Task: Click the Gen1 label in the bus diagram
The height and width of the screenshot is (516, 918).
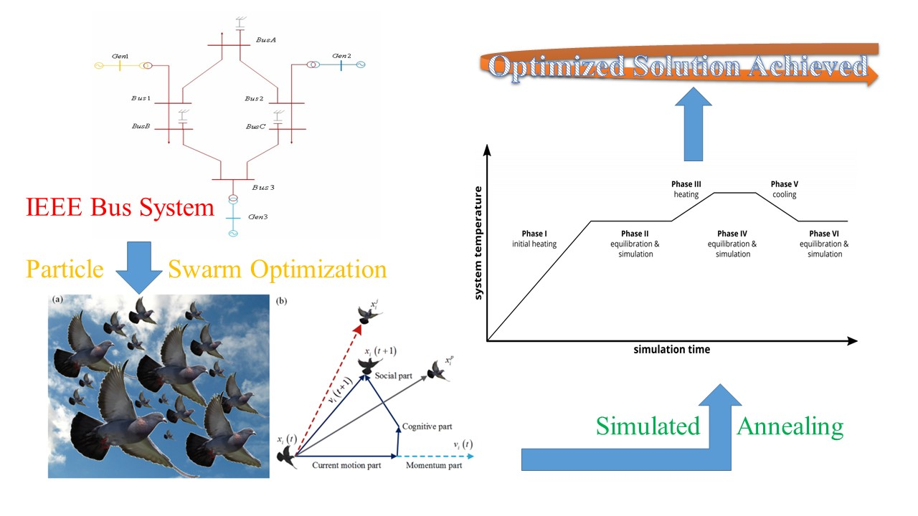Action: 120,56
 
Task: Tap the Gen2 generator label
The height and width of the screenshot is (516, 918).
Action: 342,56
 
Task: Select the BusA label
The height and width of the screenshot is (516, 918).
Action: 266,41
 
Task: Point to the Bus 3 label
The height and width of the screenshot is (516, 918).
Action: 264,188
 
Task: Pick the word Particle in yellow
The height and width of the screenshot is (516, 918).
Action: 66,269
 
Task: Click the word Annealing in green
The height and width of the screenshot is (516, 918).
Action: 790,427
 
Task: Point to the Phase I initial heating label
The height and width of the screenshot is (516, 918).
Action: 534,239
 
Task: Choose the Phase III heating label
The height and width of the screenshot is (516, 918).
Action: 686,189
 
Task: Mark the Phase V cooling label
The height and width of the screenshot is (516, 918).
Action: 785,189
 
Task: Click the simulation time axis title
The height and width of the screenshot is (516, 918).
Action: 672,350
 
